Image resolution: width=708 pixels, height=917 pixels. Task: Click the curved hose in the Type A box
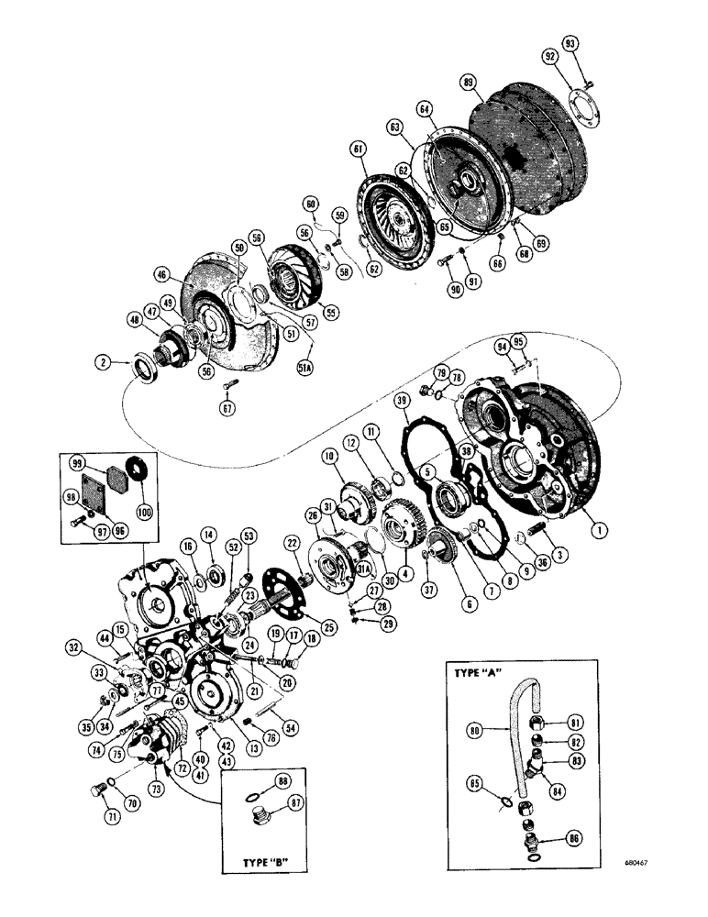tap(512, 724)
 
